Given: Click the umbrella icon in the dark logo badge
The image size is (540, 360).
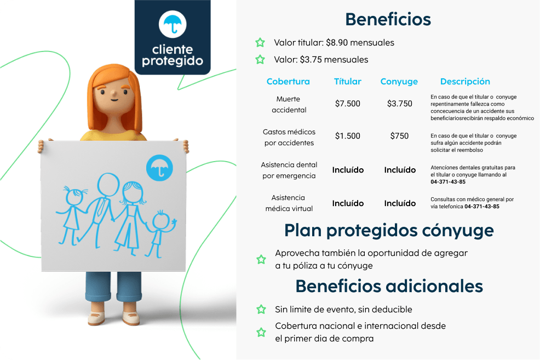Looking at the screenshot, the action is click(x=173, y=24).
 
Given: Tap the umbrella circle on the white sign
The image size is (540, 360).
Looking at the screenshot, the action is click(x=159, y=168).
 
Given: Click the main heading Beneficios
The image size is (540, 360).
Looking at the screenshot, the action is click(x=388, y=19).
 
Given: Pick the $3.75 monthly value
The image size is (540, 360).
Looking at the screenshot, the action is click(x=311, y=60).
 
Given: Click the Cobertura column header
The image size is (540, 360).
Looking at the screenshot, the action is click(x=288, y=82).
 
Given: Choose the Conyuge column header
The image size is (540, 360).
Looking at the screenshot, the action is click(x=399, y=82).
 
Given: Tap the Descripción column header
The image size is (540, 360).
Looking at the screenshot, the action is click(x=465, y=82).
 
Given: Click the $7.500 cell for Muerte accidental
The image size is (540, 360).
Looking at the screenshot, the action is click(x=347, y=104).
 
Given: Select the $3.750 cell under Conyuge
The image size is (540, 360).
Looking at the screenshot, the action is click(x=399, y=104).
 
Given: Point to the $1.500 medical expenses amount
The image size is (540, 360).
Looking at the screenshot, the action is click(x=347, y=136).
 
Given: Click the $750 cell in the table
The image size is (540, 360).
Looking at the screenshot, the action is click(x=399, y=136).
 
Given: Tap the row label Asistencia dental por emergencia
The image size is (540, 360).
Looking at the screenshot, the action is click(x=289, y=170).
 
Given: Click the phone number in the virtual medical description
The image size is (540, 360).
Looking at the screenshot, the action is click(x=482, y=207).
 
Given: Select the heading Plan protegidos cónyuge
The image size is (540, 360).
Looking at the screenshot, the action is click(x=389, y=231).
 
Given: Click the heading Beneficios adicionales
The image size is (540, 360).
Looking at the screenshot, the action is click(x=389, y=286).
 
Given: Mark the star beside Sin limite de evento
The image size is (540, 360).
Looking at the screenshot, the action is click(x=261, y=310).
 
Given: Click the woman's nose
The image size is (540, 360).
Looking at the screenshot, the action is click(x=113, y=93).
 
